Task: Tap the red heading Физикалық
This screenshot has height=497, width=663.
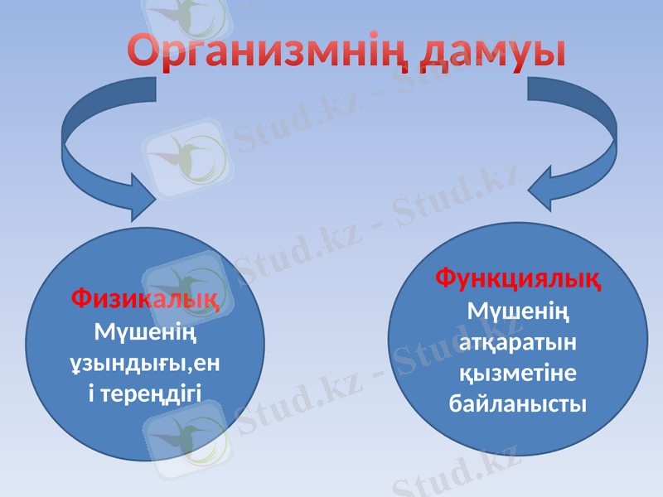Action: click(x=146, y=297)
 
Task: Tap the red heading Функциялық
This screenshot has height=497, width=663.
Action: click(x=519, y=277)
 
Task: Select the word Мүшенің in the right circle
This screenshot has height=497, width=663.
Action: click(x=519, y=312)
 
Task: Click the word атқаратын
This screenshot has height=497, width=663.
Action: click(x=519, y=343)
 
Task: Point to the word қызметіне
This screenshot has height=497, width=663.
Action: click(x=519, y=374)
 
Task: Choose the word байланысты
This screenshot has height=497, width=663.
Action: click(x=519, y=404)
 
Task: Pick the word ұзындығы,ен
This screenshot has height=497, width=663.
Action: click(x=146, y=362)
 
